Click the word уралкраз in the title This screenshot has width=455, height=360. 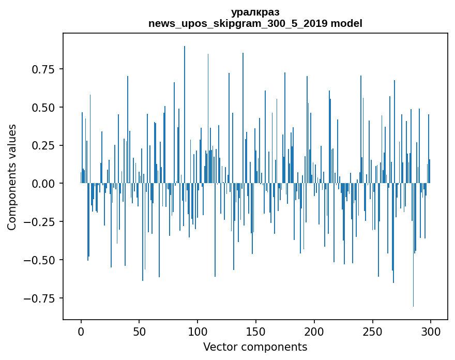[255, 12]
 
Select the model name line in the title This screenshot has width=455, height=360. [255, 23]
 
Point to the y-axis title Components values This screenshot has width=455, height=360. [12, 177]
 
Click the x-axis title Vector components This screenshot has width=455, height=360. [255, 347]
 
